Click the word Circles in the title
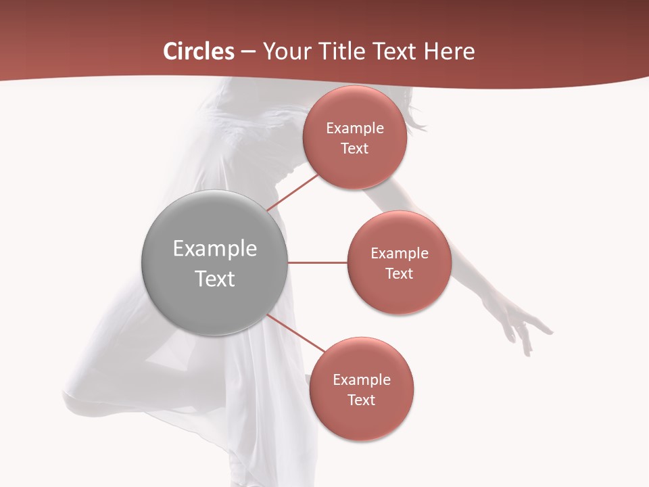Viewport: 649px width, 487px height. coord(199,51)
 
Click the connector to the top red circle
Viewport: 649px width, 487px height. coord(292,192)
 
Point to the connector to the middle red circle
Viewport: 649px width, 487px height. coord(317,262)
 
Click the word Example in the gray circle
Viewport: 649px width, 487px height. coord(214,249)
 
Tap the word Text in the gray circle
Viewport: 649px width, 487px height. coord(214,279)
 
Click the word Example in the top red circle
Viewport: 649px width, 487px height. coord(355,129)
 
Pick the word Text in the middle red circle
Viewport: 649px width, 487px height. coord(399,274)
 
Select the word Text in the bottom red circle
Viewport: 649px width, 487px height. coord(361,400)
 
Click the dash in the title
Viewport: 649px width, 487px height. coord(248,51)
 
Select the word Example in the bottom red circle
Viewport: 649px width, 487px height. coord(361,380)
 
